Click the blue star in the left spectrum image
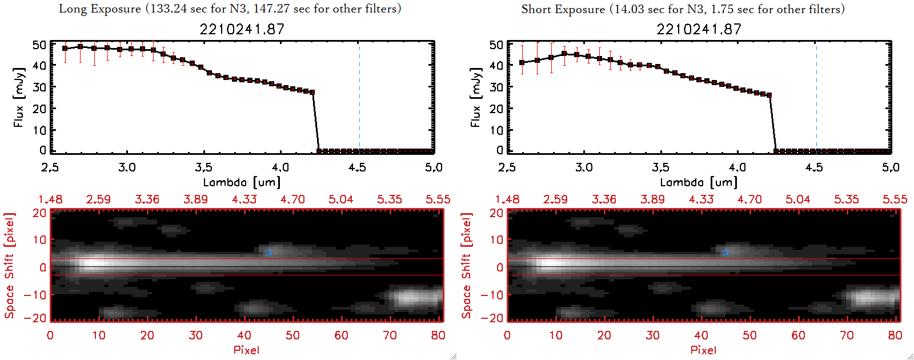[268, 252]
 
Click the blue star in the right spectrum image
[725, 252]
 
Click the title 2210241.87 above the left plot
[242, 29]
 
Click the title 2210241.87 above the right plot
[699, 29]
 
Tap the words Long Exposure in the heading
[100, 9]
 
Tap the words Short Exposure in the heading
[563, 9]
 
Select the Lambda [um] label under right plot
[699, 182]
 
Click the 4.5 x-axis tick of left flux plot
[357, 167]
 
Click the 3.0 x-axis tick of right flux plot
[584, 167]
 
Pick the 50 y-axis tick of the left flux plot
[39, 45]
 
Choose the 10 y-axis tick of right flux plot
[496, 130]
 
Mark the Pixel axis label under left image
[246, 350]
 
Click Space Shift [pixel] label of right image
[467, 266]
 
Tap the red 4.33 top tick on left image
[244, 199]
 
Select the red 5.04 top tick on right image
[797, 199]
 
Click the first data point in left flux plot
[65, 49]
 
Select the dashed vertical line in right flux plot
[816, 97]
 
